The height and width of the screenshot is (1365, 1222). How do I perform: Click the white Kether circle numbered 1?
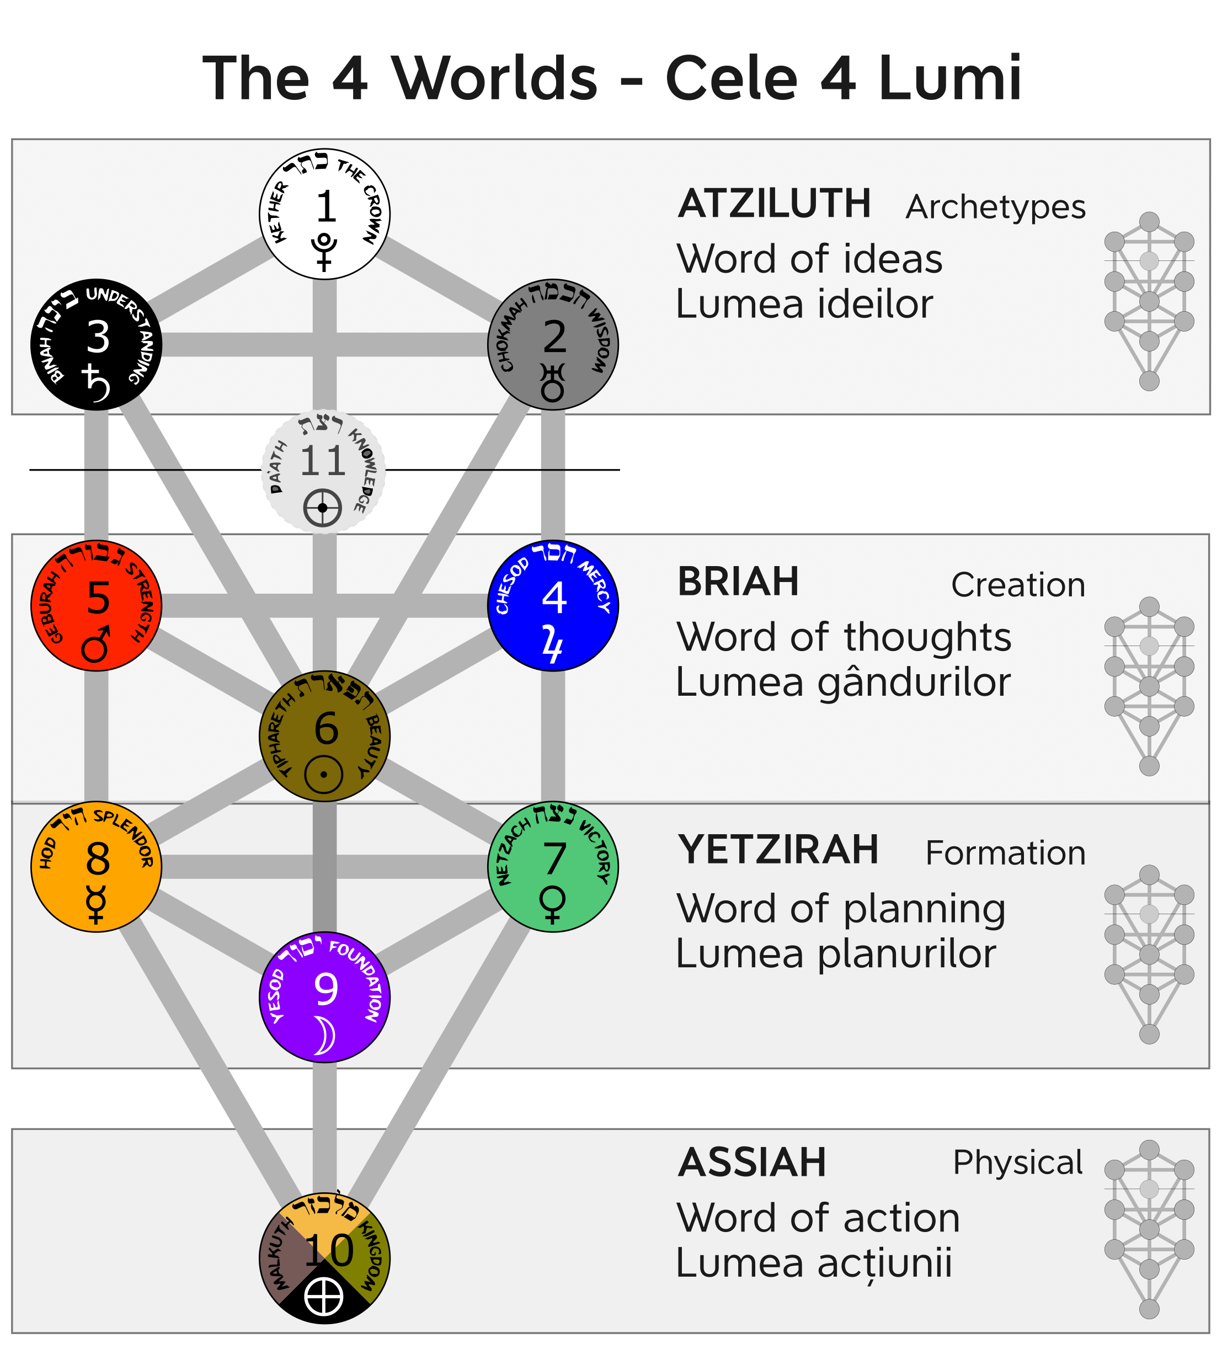click(x=324, y=214)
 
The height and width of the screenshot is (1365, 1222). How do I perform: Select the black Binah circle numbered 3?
click(x=96, y=344)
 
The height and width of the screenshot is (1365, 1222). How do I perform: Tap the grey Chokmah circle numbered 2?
click(x=553, y=344)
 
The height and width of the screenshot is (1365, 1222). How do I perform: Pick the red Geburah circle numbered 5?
click(x=96, y=605)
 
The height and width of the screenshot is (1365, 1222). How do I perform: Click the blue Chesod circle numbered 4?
click(x=553, y=605)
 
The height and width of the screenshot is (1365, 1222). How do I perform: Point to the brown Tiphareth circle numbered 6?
click(x=324, y=736)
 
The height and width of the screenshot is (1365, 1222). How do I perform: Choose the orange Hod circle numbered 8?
click(x=96, y=866)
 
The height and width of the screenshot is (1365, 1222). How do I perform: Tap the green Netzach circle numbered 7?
click(x=553, y=866)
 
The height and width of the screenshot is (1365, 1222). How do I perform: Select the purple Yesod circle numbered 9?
click(x=324, y=996)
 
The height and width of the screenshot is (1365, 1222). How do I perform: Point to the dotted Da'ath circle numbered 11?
click(x=323, y=471)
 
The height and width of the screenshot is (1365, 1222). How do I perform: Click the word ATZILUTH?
click(x=774, y=204)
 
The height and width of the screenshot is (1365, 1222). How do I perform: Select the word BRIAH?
click(x=738, y=582)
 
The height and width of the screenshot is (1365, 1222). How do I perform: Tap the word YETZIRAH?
click(x=778, y=850)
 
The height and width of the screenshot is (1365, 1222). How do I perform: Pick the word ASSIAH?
click(x=752, y=1163)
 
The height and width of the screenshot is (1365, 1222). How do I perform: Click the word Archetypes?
click(x=995, y=207)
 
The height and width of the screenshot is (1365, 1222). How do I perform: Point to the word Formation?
click(x=1005, y=852)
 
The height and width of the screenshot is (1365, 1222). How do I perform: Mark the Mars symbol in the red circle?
click(x=95, y=644)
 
